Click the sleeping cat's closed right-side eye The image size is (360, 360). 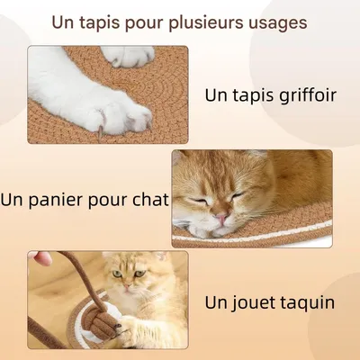coord(236,198)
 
